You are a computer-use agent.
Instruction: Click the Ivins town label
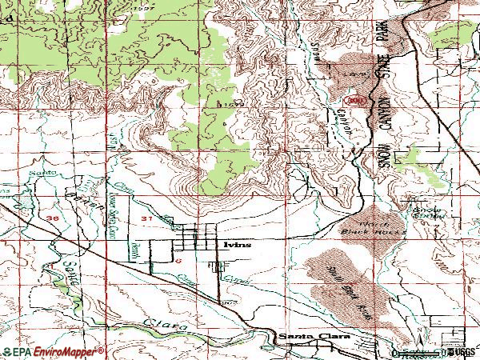click(x=238, y=245)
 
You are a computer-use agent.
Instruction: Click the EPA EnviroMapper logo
click(x=51, y=352)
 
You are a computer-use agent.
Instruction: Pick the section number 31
click(x=144, y=218)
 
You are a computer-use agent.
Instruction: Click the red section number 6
click(x=167, y=261)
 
